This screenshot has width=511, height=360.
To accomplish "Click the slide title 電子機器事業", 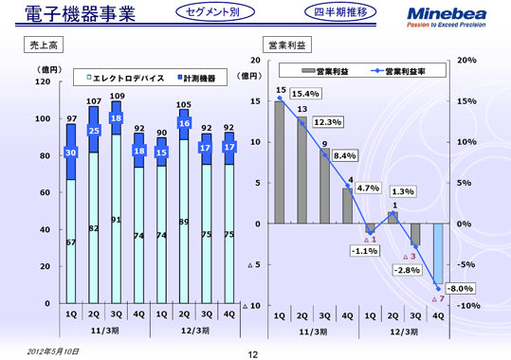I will [x=59, y=14].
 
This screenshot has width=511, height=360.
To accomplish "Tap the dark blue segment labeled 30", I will [x=71, y=152].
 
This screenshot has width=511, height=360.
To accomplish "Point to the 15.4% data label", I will [x=303, y=94].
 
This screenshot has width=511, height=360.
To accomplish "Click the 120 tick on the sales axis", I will [x=43, y=82].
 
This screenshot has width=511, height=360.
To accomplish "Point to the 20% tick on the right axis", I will [x=466, y=60].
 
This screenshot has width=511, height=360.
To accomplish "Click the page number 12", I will [x=252, y=353].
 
